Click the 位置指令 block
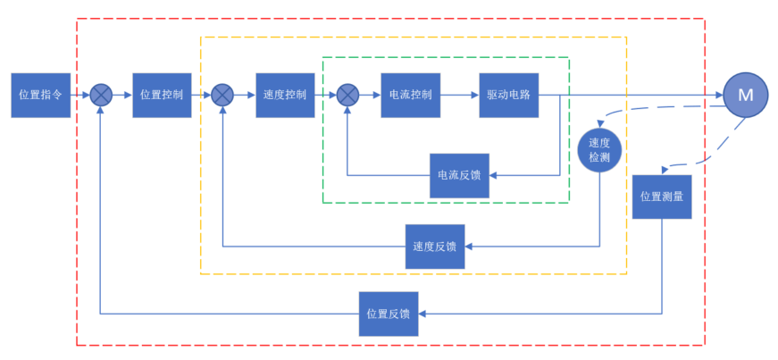point(41,96)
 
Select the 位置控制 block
point(162,96)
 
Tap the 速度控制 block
point(285,96)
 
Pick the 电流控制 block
point(410,96)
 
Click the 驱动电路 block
point(509,96)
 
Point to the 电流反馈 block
point(459,175)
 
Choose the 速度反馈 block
point(435,247)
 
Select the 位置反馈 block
point(389,314)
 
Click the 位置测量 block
point(662,197)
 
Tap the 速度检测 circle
point(598,151)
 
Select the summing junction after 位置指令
point(101,96)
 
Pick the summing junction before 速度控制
point(222,96)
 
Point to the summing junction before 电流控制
point(347,96)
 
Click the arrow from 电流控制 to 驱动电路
point(460,96)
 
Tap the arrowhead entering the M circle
point(719,96)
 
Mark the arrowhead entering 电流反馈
point(493,175)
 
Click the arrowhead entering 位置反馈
point(422,314)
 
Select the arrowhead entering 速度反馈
point(468,247)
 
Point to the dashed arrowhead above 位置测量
point(665,171)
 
